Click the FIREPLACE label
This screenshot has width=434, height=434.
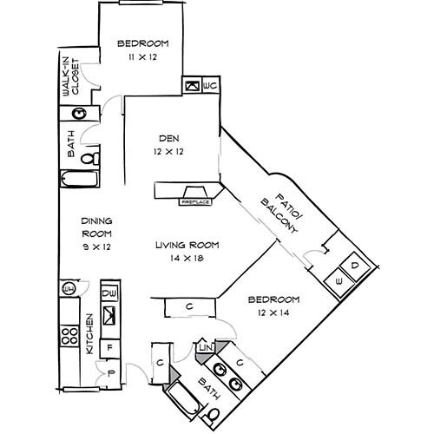click(195, 201)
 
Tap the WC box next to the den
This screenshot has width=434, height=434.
click(209, 87)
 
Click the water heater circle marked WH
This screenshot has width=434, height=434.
click(67, 288)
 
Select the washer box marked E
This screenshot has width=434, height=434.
click(339, 280)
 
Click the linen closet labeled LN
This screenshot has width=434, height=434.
click(205, 348)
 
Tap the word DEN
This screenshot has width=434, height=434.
click(168, 137)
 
